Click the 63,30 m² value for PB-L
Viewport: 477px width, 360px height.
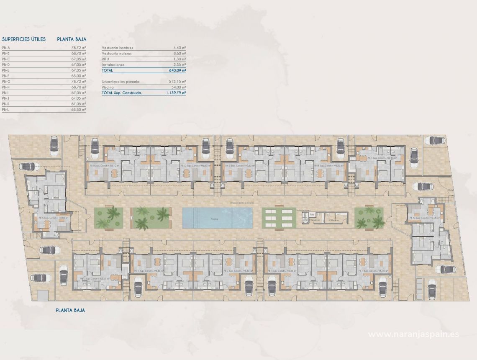pyautogui.click(x=79, y=109)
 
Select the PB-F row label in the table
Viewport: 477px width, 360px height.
pyautogui.click(x=6, y=76)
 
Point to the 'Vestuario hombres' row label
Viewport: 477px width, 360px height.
pyautogui.click(x=118, y=48)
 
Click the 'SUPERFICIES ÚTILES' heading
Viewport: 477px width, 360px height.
pyautogui.click(x=24, y=39)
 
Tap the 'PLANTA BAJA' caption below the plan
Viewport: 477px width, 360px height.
pyautogui.click(x=71, y=310)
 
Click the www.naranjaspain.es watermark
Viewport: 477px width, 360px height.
pyautogui.click(x=413, y=334)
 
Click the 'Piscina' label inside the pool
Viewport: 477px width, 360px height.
pyautogui.click(x=214, y=219)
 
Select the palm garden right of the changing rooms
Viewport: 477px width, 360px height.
pyautogui.click(x=369, y=218)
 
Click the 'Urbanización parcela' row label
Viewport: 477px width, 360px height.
pyautogui.click(x=121, y=82)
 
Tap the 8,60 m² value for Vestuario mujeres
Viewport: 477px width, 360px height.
pyautogui.click(x=180, y=54)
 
